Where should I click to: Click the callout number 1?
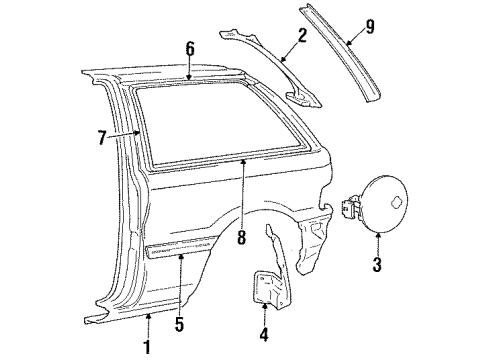tap(148, 347)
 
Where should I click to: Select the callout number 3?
tap(377, 265)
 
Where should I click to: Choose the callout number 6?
tap(190, 47)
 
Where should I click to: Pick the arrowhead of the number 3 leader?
tap(377, 236)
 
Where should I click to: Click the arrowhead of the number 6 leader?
tap(190, 78)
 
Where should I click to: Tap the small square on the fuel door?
tap(399, 202)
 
